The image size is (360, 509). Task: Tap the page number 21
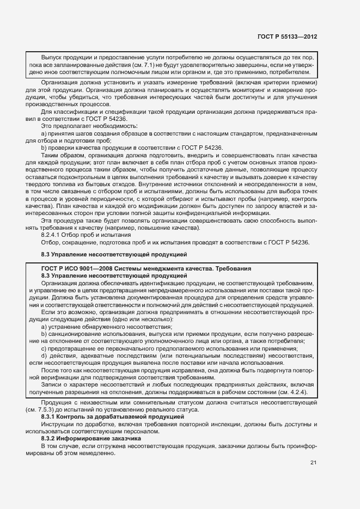point(313,463)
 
